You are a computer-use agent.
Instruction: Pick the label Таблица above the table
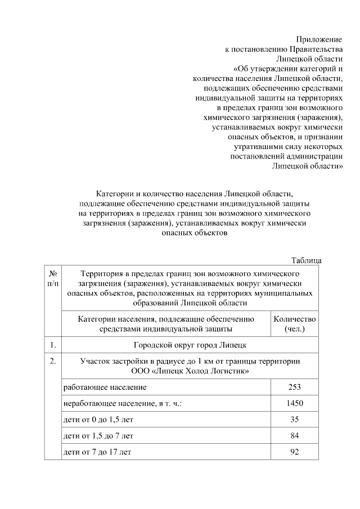tap(306, 260)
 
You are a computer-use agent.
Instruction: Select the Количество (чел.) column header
tap(294, 323)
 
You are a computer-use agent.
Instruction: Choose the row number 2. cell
tap(52, 361)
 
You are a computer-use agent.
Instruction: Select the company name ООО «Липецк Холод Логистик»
tap(190, 371)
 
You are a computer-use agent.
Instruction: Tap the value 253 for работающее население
tap(294, 387)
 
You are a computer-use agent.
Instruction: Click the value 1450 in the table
tap(294, 403)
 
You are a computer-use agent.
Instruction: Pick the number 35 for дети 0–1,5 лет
tap(294, 420)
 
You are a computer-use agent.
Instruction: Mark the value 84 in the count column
tap(294, 436)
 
